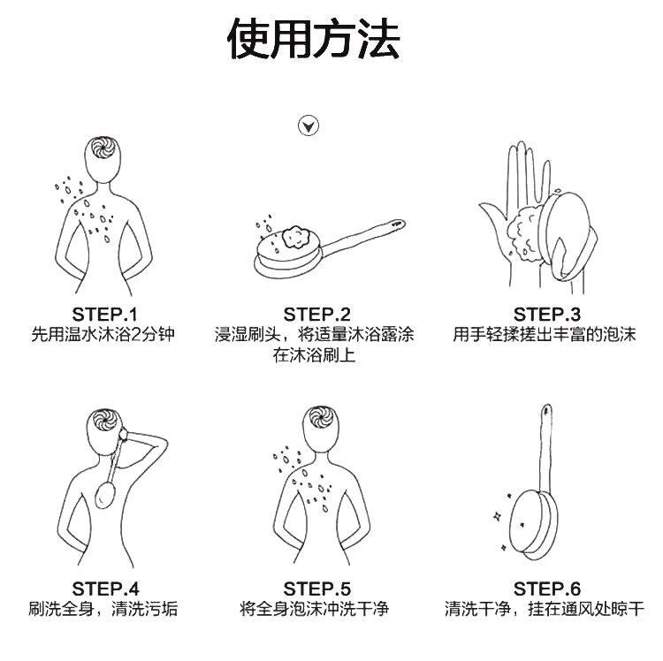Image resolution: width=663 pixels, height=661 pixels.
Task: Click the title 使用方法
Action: pos(314,39)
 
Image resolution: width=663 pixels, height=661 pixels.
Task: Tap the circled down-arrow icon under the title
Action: pos(309,125)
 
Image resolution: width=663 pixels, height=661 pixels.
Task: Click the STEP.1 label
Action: pos(105,315)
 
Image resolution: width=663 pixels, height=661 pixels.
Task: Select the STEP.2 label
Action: pos(316,315)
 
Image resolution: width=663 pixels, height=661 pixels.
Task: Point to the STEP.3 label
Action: pos(547,315)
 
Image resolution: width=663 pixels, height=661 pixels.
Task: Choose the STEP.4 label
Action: pos(105,589)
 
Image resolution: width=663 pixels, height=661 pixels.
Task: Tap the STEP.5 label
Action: pos(316,589)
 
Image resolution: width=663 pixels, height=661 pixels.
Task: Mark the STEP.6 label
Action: pos(547,589)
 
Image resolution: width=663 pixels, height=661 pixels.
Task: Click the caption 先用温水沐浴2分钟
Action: pos(103,334)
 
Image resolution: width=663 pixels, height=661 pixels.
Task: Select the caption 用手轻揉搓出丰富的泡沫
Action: pos(545,334)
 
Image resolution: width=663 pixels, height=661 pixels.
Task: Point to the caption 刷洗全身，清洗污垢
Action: pos(103,609)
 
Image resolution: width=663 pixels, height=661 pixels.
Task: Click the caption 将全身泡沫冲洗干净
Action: pos(314,609)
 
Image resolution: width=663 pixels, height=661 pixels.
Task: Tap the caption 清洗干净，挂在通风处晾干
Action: pos(545,609)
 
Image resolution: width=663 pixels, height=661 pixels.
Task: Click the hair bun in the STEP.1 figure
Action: pos(103,147)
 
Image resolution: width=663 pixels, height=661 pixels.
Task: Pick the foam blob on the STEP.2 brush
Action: pos(296,238)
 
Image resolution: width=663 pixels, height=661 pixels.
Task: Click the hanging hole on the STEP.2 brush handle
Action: pos(398,224)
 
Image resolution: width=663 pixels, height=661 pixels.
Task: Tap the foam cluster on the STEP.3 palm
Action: pos(524,232)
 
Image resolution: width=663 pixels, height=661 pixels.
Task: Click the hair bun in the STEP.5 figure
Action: pos(320,418)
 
